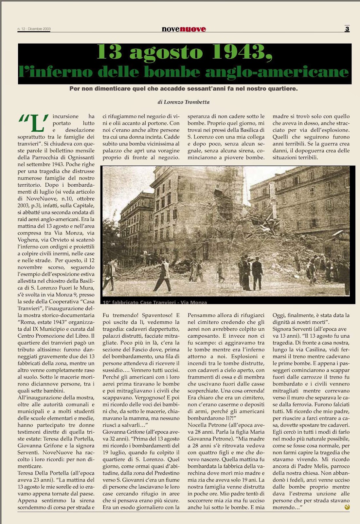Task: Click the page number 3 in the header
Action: (347, 29)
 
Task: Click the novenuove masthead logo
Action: (184, 29)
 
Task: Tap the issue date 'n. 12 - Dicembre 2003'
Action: (34, 29)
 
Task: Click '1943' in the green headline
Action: (242, 52)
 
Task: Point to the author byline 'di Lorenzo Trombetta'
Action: (183, 102)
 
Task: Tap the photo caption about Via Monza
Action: (155, 302)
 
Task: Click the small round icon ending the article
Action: (347, 507)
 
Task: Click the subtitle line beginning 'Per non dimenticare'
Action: (183, 89)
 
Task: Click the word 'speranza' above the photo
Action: (199, 116)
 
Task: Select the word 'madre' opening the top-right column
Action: (280, 116)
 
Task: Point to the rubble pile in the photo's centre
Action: (209, 242)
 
